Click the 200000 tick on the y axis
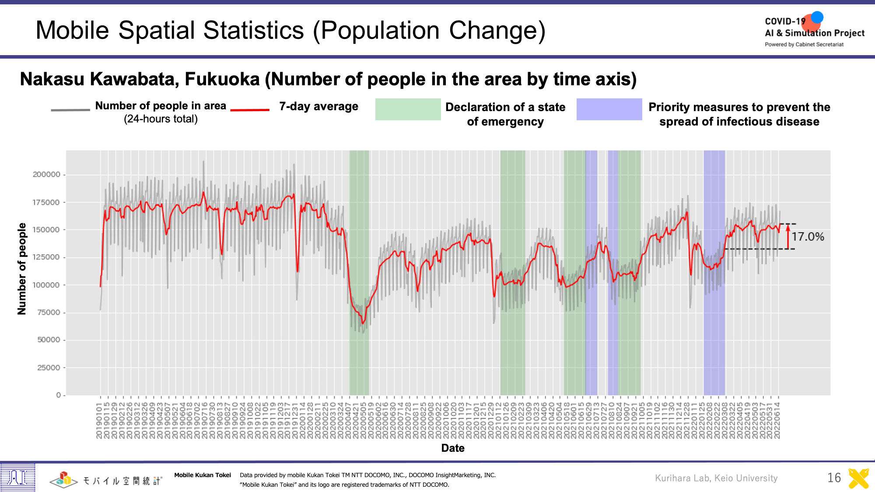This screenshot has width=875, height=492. click(47, 174)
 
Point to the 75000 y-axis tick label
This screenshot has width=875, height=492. click(49, 312)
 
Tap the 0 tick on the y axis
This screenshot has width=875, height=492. click(59, 395)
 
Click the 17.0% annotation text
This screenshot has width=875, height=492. click(808, 237)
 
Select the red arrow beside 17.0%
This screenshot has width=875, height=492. click(788, 237)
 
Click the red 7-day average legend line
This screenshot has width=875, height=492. click(250, 110)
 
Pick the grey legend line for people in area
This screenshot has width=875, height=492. click(70, 110)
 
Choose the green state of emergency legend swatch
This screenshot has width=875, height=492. click(408, 109)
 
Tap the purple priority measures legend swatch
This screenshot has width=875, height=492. click(609, 109)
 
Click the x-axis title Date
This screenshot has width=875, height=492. click(453, 448)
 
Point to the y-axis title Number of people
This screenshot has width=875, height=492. click(22, 269)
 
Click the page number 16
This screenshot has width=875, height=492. click(834, 478)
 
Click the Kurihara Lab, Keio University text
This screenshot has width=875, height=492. click(716, 478)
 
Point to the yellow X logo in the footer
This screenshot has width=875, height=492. click(858, 478)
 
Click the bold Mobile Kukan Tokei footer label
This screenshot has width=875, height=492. click(203, 475)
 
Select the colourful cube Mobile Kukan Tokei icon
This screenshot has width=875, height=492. click(64, 480)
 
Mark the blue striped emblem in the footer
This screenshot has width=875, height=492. click(18, 477)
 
